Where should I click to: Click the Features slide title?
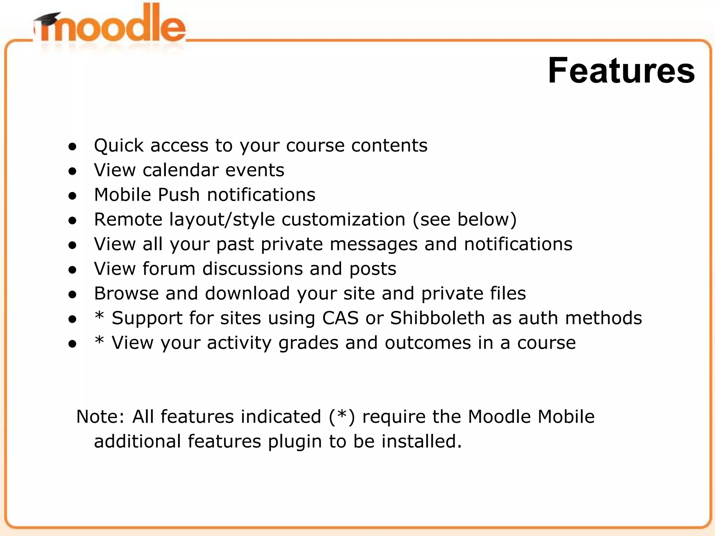(x=621, y=71)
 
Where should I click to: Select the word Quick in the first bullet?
(x=118, y=146)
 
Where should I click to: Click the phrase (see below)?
(x=464, y=220)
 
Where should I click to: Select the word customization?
(x=343, y=220)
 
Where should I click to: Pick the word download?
(x=247, y=293)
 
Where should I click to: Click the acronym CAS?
(x=340, y=318)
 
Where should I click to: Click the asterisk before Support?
(x=99, y=316)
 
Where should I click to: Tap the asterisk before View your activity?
(x=99, y=341)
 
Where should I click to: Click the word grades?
(x=308, y=343)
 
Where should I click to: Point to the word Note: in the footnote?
(x=100, y=417)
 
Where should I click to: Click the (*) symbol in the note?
(x=341, y=417)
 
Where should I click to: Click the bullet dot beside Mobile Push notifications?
(x=72, y=196)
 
